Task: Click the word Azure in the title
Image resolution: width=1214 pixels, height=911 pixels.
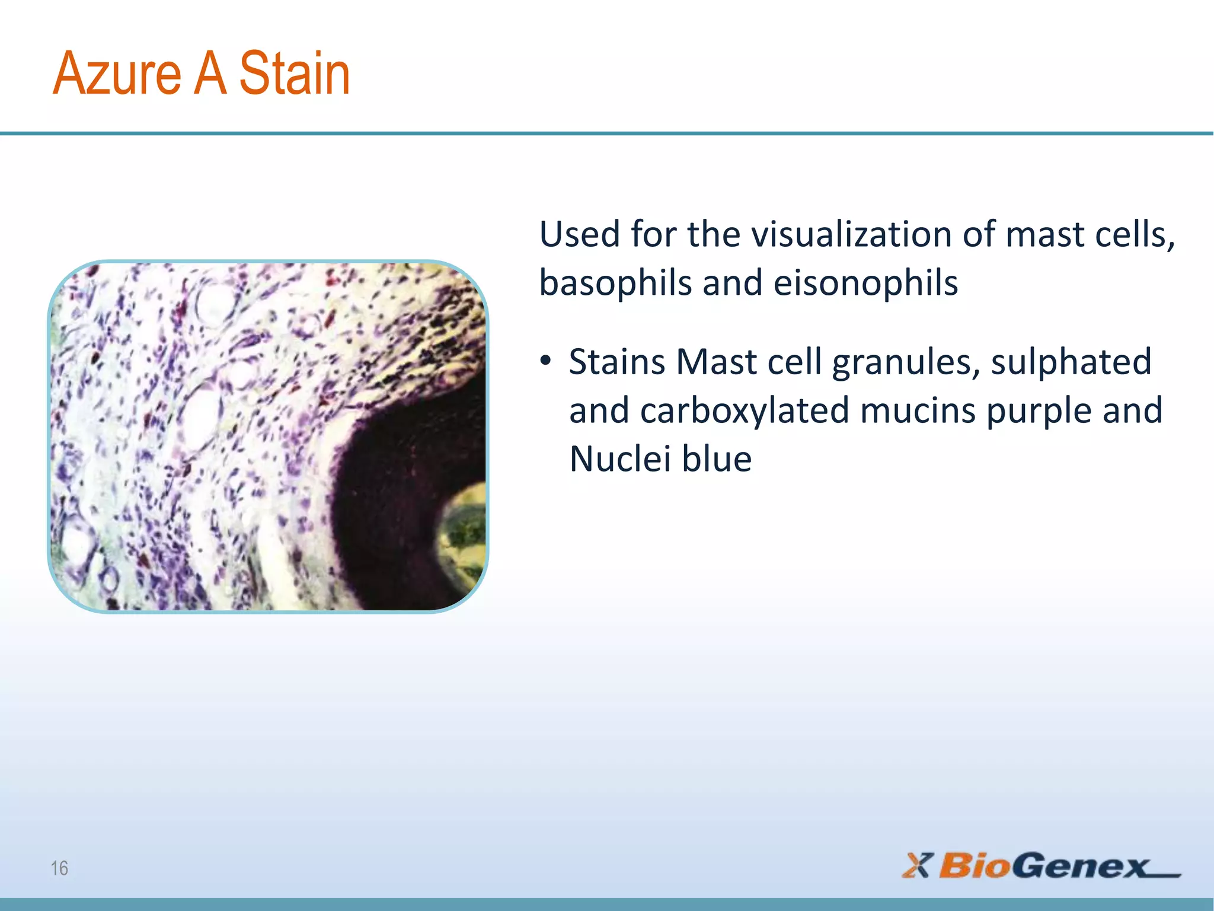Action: click(117, 74)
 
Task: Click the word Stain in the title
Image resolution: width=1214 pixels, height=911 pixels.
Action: click(295, 74)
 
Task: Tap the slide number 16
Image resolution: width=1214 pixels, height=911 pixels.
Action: click(59, 868)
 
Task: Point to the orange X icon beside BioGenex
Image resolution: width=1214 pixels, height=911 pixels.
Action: click(918, 865)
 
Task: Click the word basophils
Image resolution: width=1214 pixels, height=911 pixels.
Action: click(615, 284)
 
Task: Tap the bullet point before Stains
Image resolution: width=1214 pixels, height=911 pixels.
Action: click(545, 361)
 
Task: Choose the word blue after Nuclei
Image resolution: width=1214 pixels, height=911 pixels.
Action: click(717, 459)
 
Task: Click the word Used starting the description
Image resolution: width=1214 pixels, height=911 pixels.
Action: click(579, 234)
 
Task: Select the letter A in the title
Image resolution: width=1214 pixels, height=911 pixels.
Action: click(211, 74)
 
